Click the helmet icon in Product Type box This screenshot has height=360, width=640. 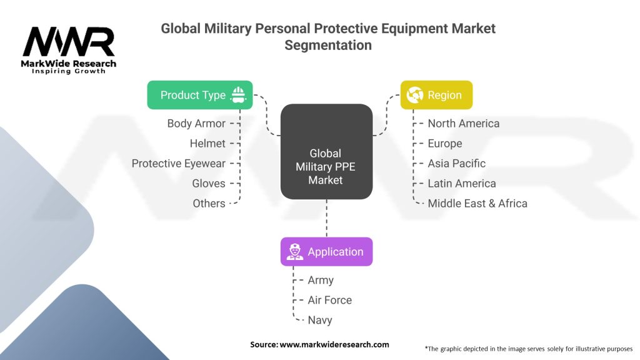pyautogui.click(x=238, y=95)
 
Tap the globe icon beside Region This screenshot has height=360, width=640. pyautogui.click(x=415, y=95)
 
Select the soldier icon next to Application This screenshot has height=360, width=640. pyautogui.click(x=295, y=252)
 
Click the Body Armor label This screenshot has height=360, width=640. pyautogui.click(x=196, y=123)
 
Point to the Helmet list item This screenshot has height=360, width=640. pyautogui.click(x=207, y=143)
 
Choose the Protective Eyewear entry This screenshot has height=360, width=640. pyautogui.click(x=178, y=164)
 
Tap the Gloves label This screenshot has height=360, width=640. pyautogui.click(x=209, y=183)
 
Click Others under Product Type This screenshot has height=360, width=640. pyautogui.click(x=209, y=203)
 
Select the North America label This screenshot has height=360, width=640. pyautogui.click(x=464, y=123)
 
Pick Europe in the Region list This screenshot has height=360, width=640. pyautogui.click(x=445, y=144)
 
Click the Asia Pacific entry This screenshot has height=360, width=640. pyautogui.click(x=457, y=163)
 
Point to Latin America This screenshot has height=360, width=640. pyautogui.click(x=462, y=183)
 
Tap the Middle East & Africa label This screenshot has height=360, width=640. pyautogui.click(x=477, y=203)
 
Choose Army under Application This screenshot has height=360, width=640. pyautogui.click(x=321, y=281)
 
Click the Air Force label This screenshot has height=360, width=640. pyautogui.click(x=330, y=300)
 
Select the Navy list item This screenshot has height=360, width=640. pyautogui.click(x=320, y=321)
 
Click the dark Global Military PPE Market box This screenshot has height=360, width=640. pyautogui.click(x=326, y=151)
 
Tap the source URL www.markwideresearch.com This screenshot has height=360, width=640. pyautogui.click(x=334, y=344)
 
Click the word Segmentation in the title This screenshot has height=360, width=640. pyautogui.click(x=328, y=45)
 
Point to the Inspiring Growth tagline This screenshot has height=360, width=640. pyautogui.click(x=69, y=71)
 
